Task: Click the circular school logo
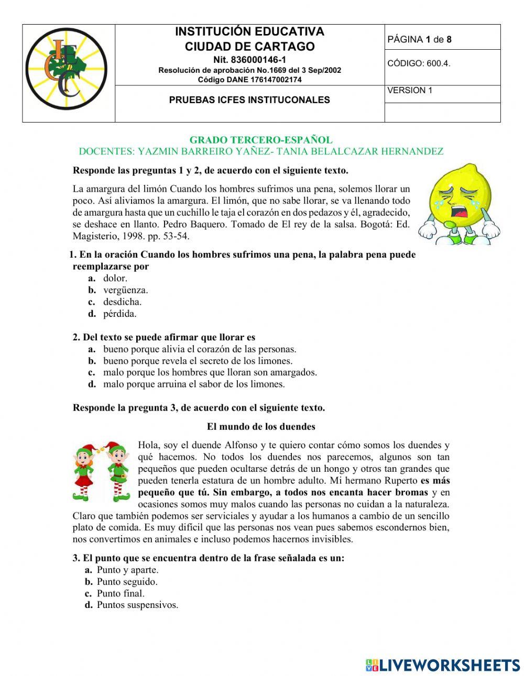(x=67, y=69)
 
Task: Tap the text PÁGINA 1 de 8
(x=419, y=39)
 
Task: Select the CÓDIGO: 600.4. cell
(x=419, y=63)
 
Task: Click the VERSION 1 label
(x=409, y=90)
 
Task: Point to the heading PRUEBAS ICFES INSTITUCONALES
(x=249, y=99)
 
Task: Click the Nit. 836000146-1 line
(x=249, y=60)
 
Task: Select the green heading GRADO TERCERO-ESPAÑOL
(x=260, y=140)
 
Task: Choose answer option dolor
(x=115, y=278)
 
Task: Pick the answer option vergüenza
(x=125, y=290)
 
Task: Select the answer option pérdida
(x=119, y=314)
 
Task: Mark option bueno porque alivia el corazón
(x=199, y=349)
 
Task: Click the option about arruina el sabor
(x=193, y=384)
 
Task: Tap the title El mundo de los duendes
(x=261, y=426)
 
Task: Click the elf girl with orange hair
(x=83, y=470)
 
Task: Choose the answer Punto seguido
(x=127, y=581)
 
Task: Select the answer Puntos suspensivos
(x=137, y=605)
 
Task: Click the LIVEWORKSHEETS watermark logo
(x=443, y=665)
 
